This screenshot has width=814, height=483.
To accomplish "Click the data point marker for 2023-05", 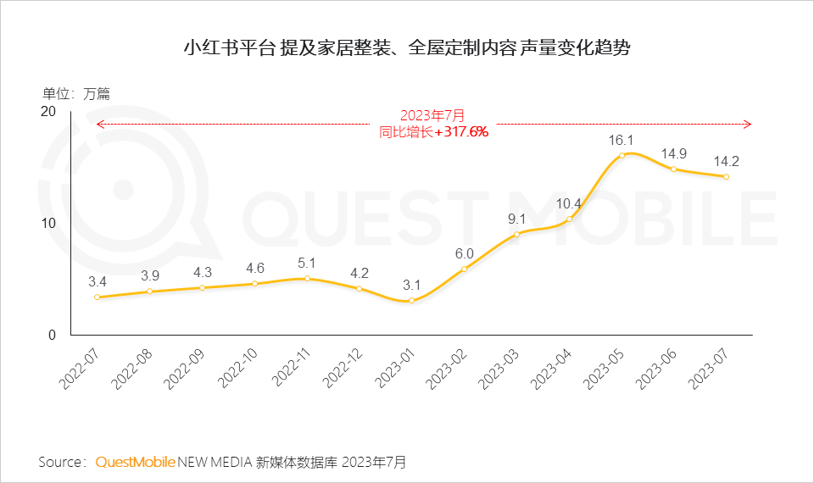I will tap(622, 155).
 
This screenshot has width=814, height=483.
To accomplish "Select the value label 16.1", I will tap(622, 139).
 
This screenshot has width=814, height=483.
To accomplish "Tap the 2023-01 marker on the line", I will tap(412, 301).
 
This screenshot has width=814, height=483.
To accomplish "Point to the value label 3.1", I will tap(412, 285).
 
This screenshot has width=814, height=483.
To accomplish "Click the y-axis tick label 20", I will tap(48, 112).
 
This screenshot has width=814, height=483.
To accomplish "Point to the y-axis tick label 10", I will tap(48, 223).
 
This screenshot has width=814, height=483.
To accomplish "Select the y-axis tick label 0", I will tap(52, 335).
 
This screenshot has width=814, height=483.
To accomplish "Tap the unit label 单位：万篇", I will tap(76, 94).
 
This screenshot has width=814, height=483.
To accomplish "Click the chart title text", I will tap(407, 47).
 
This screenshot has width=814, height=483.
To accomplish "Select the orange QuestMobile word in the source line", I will tap(135, 462).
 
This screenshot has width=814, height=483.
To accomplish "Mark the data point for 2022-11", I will tap(307, 279).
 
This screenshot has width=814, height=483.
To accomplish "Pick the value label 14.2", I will tap(727, 160).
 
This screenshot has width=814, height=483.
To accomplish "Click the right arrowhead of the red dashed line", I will tap(748, 125).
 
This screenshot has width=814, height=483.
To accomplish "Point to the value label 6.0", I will tap(465, 253).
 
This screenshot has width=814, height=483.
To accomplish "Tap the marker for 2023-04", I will tap(569, 219).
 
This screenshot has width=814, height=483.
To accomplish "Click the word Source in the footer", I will tap(59, 462).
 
